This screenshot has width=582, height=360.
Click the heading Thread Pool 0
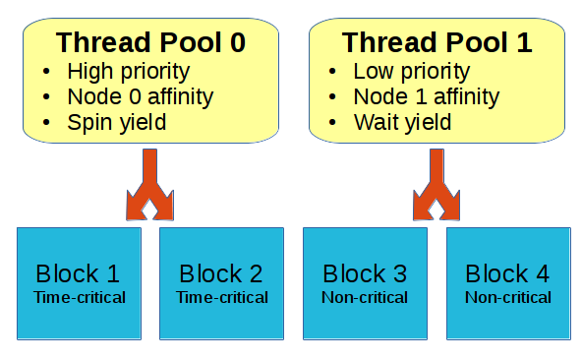(x=150, y=43)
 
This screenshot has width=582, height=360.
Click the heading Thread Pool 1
(x=436, y=43)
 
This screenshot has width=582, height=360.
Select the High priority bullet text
(x=128, y=72)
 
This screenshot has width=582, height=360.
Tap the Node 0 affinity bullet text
(x=140, y=97)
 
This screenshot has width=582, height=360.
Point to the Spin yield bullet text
(x=117, y=123)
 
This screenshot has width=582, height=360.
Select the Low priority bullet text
(x=411, y=72)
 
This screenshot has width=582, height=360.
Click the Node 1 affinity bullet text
(x=426, y=97)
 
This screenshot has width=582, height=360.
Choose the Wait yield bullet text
(x=402, y=123)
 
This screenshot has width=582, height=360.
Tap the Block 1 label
(x=79, y=273)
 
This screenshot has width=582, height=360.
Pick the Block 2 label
(x=221, y=273)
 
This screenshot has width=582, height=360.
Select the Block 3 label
(x=365, y=273)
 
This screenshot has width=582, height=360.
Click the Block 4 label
(x=507, y=273)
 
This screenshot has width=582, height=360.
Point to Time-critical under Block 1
(x=79, y=296)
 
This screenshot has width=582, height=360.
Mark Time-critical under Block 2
(x=221, y=296)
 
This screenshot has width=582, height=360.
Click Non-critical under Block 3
(x=365, y=296)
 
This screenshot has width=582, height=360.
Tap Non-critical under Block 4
(x=507, y=296)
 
